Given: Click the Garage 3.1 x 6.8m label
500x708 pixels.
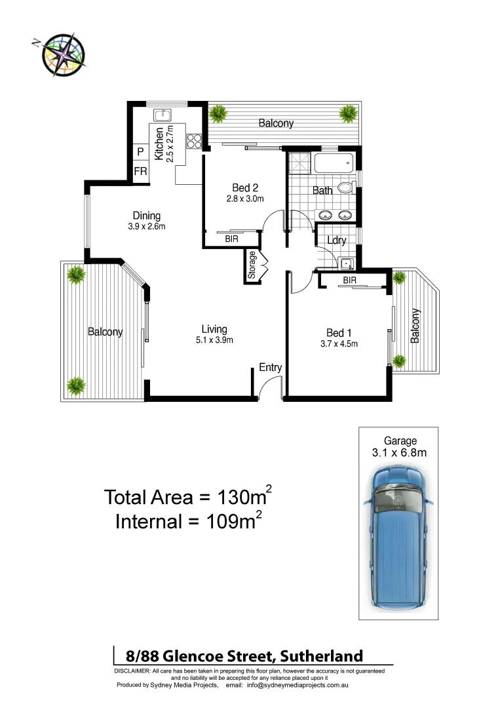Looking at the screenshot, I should click(x=400, y=446).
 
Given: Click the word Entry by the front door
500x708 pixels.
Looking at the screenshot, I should click(x=270, y=367).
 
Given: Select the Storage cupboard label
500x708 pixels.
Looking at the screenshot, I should click(x=252, y=265).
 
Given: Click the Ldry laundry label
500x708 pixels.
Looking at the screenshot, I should click(x=336, y=241).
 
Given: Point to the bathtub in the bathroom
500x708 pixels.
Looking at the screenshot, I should click(x=333, y=163).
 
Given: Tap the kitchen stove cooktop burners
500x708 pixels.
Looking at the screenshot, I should click(x=194, y=142).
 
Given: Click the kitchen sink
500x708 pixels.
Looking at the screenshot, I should click(x=162, y=115).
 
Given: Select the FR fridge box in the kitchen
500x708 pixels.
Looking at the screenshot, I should click(x=140, y=171).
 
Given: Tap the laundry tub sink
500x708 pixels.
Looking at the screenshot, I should click(x=347, y=264).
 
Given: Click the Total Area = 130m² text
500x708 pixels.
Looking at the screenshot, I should click(x=188, y=496).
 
